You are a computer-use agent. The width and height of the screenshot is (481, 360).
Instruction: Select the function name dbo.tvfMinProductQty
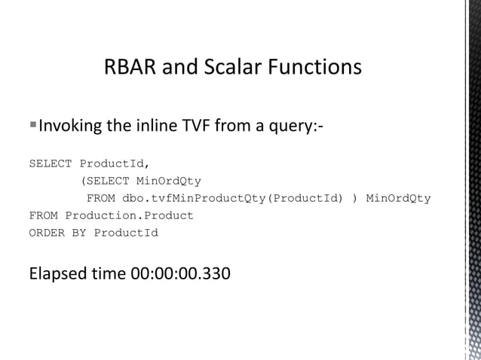(192, 198)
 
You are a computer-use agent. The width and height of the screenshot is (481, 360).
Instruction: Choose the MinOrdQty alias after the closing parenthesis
(398, 198)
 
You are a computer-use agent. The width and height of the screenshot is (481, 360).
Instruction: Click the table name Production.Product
(129, 215)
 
